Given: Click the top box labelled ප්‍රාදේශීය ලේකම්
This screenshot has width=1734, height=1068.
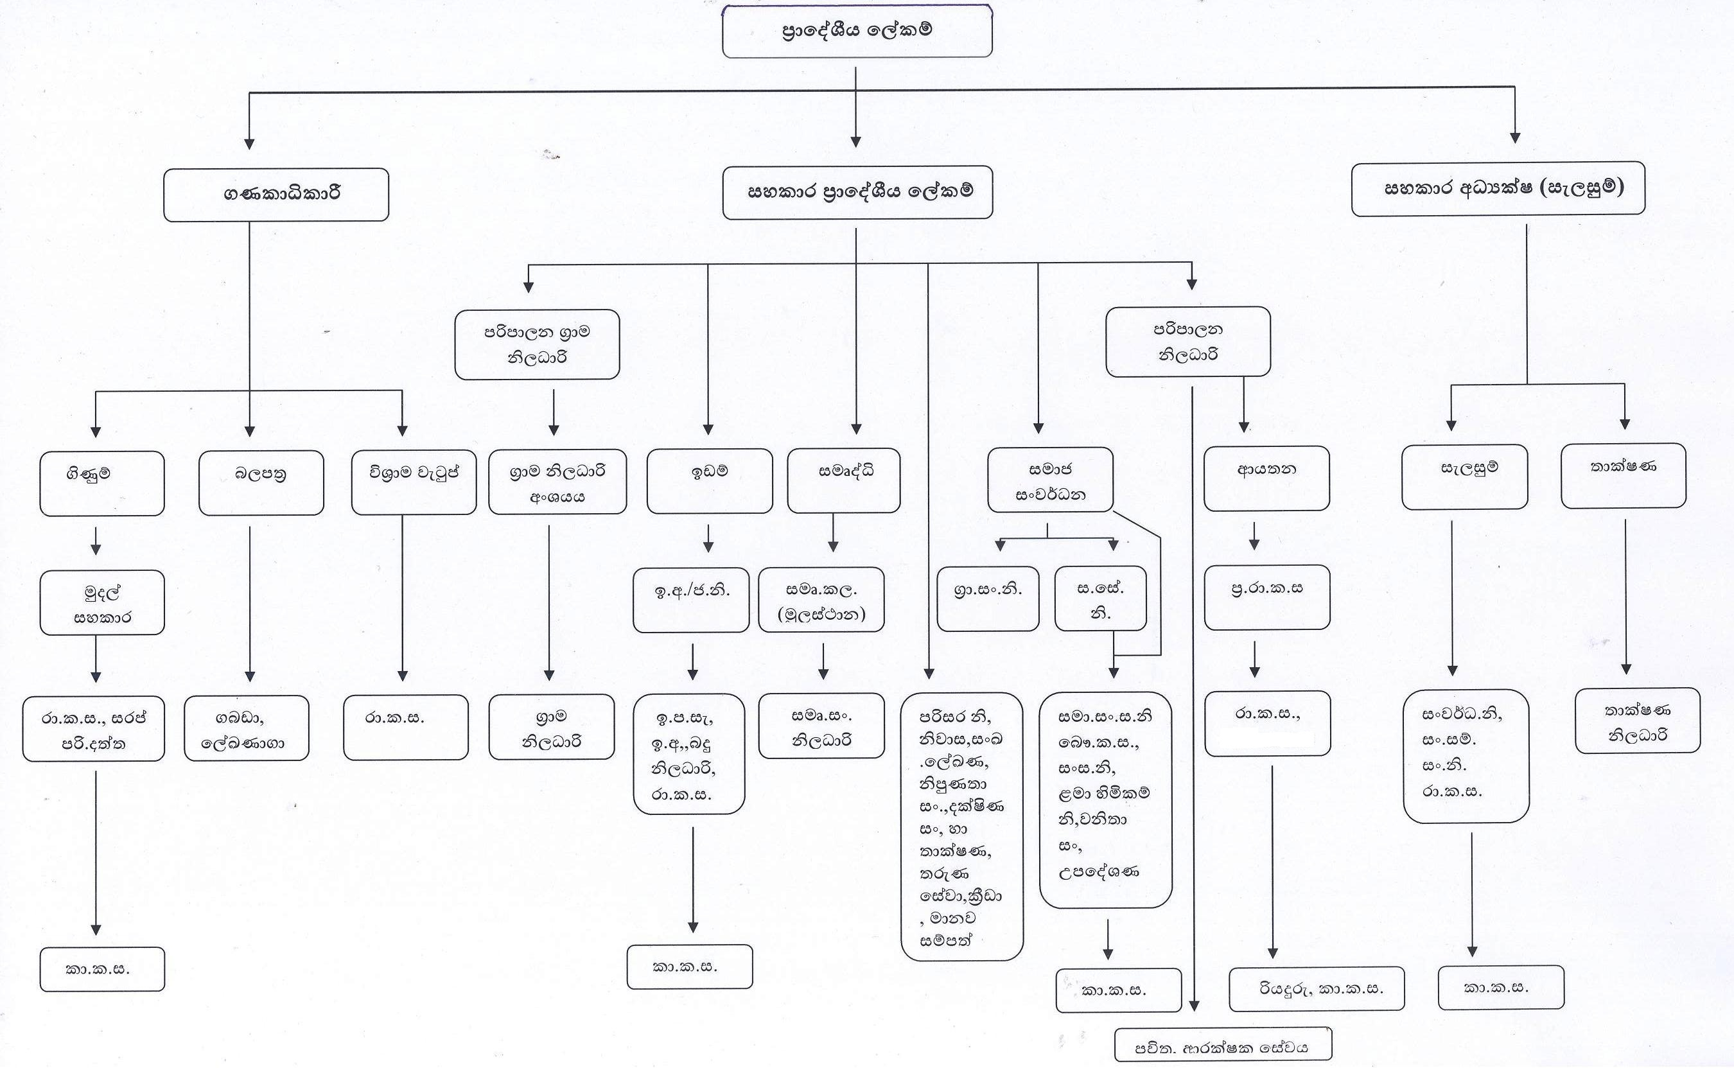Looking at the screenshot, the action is pyautogui.click(x=857, y=31).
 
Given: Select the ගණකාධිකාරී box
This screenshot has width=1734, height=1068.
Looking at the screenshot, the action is pyautogui.click(x=276, y=194).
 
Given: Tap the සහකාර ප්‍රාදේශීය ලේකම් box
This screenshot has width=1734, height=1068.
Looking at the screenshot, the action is pyautogui.click(x=857, y=192).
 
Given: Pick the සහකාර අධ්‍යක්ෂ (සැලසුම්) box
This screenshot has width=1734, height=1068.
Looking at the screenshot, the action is pyautogui.click(x=1498, y=189).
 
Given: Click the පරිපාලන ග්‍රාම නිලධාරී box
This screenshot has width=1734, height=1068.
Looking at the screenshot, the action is pyautogui.click(x=537, y=344).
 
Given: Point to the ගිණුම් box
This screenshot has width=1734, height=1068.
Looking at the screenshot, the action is pyautogui.click(x=101, y=483).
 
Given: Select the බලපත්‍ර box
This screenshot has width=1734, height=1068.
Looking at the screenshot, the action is pyautogui.click(x=261, y=482).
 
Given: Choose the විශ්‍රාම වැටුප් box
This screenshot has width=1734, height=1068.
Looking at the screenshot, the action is pyautogui.click(x=414, y=482).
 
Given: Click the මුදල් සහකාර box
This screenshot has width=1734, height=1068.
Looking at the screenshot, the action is pyautogui.click(x=101, y=602).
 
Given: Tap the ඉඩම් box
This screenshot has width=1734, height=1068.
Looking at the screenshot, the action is pyautogui.click(x=709, y=480).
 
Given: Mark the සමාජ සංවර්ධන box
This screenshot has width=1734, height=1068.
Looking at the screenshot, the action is pyautogui.click(x=1050, y=479).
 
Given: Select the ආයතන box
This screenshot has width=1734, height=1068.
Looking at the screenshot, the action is pyautogui.click(x=1266, y=478).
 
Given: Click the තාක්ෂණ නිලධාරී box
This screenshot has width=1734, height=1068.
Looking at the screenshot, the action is pyautogui.click(x=1637, y=721).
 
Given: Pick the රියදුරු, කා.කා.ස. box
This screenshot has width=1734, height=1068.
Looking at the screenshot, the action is pyautogui.click(x=1317, y=989).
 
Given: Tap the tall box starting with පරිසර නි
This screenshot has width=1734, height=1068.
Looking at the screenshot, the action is pyautogui.click(x=962, y=827).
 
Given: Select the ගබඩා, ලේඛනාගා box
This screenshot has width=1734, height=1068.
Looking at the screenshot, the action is pyautogui.click(x=247, y=728).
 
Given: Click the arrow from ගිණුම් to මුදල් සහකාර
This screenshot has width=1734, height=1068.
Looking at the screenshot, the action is pyautogui.click(x=96, y=541).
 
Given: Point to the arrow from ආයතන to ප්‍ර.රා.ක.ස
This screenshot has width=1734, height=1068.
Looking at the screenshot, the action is pyautogui.click(x=1254, y=536).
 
